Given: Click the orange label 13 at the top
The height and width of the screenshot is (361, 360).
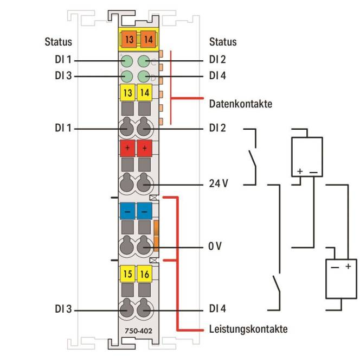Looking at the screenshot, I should click(128, 39).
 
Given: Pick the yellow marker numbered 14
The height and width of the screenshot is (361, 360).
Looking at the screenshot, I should click(144, 93).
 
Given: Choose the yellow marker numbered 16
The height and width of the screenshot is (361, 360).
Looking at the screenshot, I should click(144, 274).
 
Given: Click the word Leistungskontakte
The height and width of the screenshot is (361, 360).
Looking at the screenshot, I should click(248, 329).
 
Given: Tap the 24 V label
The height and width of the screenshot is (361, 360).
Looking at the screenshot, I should click(218, 184).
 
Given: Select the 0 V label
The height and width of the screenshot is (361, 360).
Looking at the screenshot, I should click(215, 247).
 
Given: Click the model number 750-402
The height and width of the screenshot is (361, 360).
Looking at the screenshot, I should click(136, 331).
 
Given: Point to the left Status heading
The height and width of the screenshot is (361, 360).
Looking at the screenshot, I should click(58, 42).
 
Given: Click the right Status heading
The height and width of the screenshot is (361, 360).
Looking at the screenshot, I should click(222, 42).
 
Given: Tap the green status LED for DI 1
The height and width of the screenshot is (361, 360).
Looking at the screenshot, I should click(126, 61).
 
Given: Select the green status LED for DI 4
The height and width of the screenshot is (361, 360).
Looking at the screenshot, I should click(144, 76).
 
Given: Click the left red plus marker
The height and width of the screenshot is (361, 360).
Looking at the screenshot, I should click(127, 148).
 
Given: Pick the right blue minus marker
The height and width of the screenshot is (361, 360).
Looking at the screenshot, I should click(144, 210).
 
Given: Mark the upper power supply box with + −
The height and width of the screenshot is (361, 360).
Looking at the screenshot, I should click(307, 156).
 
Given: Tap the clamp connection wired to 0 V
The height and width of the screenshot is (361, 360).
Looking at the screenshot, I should click(144, 248).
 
